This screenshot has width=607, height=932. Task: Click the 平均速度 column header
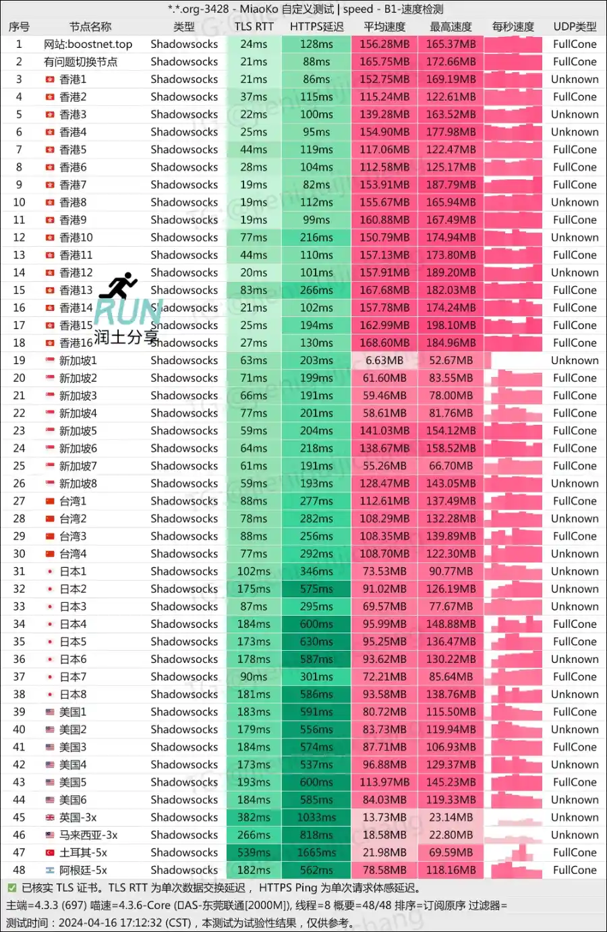[x=384, y=27]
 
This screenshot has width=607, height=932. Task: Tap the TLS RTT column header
[x=254, y=27]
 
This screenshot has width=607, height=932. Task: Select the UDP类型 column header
[x=575, y=27]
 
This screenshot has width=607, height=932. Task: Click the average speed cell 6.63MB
[x=384, y=361]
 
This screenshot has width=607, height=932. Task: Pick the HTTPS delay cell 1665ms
[x=316, y=852]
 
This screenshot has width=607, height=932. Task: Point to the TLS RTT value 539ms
[x=254, y=852]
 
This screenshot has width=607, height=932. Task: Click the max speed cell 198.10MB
[x=451, y=325]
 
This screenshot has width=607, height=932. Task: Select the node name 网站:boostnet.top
[x=88, y=45]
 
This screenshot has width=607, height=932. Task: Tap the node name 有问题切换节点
[x=81, y=62]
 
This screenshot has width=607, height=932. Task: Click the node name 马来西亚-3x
[x=88, y=835]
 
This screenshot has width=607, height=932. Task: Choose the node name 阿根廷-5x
[x=83, y=870]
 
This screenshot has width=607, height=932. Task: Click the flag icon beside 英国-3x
[x=50, y=817]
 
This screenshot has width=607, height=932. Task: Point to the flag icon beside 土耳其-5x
[x=50, y=852]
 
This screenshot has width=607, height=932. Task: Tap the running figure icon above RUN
[x=119, y=286]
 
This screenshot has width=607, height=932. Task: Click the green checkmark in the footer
[x=11, y=887]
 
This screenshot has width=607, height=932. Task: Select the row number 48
[x=19, y=870]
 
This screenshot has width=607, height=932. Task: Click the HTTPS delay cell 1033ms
[x=316, y=817]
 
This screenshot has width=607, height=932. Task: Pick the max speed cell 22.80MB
[x=451, y=835]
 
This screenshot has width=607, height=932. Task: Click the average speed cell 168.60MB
[x=384, y=343]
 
